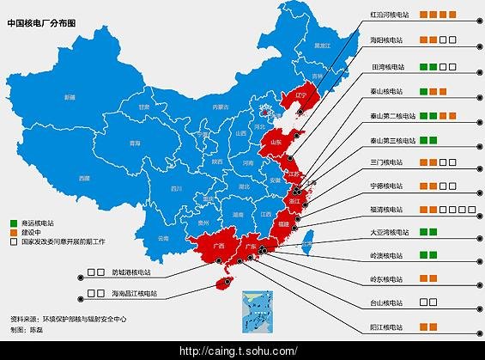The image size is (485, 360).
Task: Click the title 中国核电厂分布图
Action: (x=40, y=23)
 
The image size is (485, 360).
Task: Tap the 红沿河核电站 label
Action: (x=389, y=15)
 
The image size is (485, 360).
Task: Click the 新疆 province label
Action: (x=69, y=97)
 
